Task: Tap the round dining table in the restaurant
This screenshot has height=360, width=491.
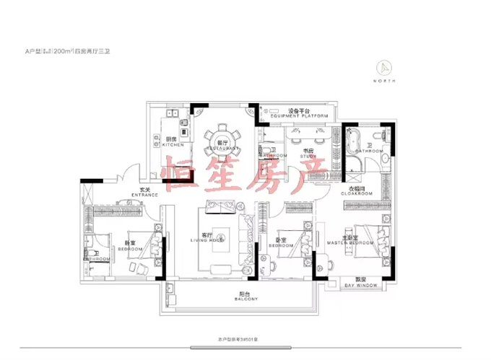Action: (222, 137)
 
